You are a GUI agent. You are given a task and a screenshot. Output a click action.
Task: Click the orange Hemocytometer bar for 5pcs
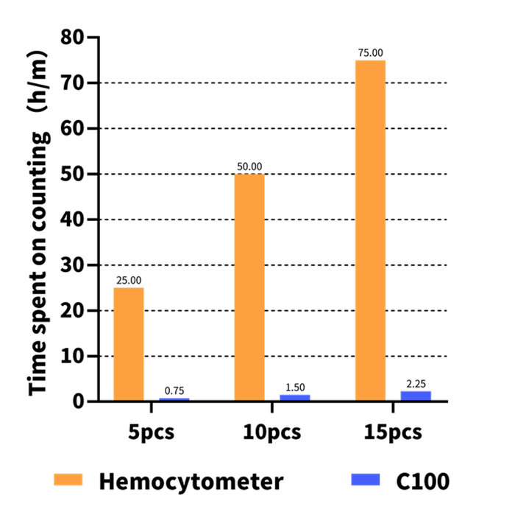coord(129,344)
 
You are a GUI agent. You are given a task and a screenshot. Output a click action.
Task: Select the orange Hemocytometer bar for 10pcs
coord(249,287)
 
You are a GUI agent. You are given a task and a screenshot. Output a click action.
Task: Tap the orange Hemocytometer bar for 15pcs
coord(370,230)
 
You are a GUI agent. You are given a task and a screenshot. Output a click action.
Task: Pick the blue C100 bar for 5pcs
coord(174,399)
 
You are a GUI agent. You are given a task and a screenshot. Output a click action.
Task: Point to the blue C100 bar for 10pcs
coord(295,398)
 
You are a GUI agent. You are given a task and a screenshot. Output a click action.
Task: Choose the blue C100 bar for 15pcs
coord(416,396)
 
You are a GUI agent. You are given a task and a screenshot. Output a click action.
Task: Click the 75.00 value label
coord(370,52)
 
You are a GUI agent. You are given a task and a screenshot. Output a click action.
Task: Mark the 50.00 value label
coord(249,167)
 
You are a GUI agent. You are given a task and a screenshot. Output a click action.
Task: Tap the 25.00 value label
coord(129,280)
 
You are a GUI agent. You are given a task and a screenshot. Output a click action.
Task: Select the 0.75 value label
coord(174,390)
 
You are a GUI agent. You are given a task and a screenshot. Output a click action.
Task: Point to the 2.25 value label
coord(416,384)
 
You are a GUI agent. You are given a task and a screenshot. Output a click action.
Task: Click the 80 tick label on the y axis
coord(72,37)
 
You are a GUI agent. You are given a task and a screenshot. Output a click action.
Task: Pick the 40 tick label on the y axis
coord(72,220)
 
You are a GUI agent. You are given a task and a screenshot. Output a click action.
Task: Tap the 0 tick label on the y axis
coord(79,402)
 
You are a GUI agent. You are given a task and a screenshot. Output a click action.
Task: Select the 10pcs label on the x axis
coord(271,432)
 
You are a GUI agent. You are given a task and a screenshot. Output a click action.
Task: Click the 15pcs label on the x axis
coord(393,432)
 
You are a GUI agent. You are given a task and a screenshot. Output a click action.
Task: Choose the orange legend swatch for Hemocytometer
coord(68,480)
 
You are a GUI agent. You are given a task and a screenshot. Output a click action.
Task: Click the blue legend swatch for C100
coord(365,480)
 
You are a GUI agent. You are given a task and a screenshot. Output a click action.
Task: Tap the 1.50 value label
coord(295,388)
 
